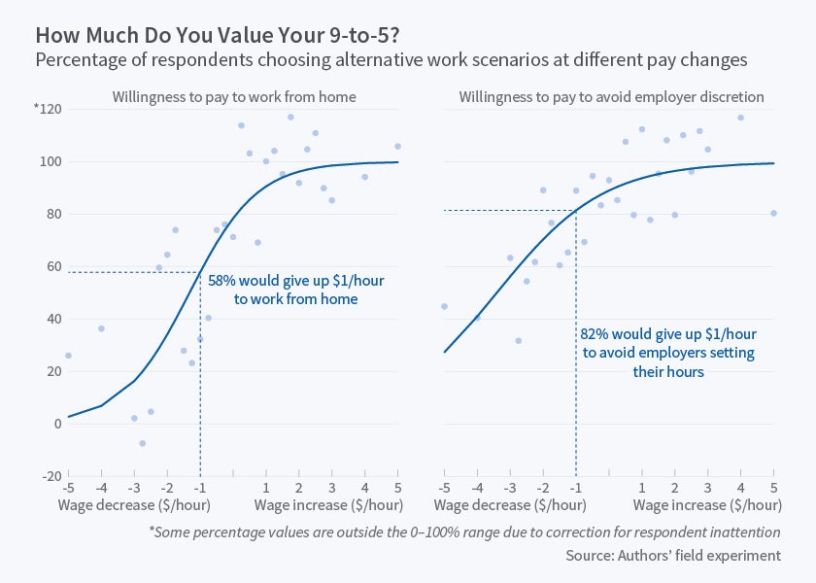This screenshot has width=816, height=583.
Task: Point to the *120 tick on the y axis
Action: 47,109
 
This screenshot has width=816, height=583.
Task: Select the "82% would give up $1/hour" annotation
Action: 666,333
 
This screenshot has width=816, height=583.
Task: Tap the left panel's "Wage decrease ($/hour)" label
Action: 134,505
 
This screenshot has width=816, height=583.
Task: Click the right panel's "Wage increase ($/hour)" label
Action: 707,505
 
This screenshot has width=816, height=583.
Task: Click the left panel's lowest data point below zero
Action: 142,443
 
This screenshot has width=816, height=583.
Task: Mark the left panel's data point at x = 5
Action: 397,147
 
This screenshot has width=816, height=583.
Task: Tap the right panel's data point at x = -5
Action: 444,306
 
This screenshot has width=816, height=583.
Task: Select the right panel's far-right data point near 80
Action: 773,214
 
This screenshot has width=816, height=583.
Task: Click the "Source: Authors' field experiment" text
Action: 673,555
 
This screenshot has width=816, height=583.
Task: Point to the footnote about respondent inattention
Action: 464,532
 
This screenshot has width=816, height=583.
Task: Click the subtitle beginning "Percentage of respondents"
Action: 391,60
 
